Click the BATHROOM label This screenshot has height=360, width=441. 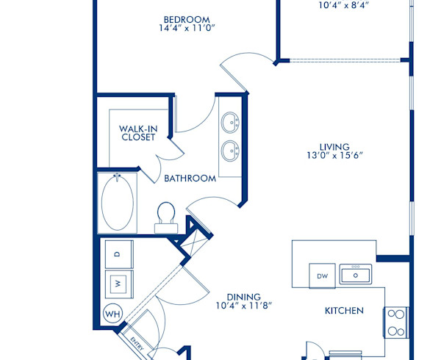(190, 178)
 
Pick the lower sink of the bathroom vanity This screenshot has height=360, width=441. (230, 152)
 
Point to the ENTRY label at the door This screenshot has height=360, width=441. (137, 343)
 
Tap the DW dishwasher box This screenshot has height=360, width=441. (322, 276)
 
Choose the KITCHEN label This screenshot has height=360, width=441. (344, 311)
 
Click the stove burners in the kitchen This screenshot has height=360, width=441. (395, 322)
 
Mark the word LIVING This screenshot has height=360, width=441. (334, 146)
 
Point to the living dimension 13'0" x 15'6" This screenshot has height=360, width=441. (334, 156)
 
